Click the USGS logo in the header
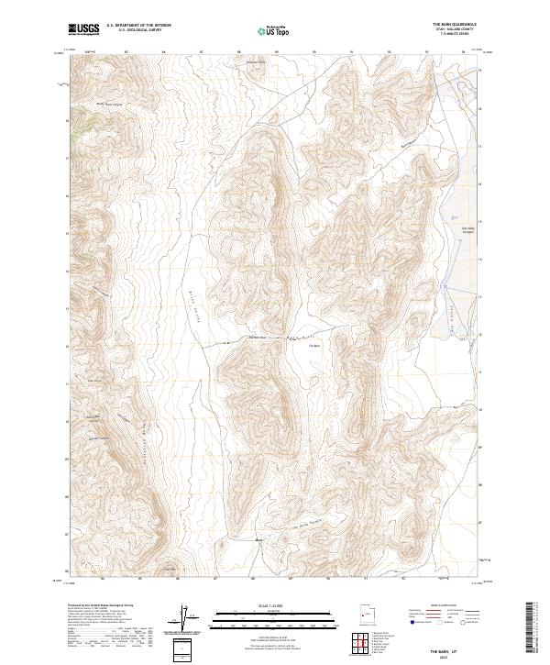point(83,29)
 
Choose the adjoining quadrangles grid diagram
point(363,644)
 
